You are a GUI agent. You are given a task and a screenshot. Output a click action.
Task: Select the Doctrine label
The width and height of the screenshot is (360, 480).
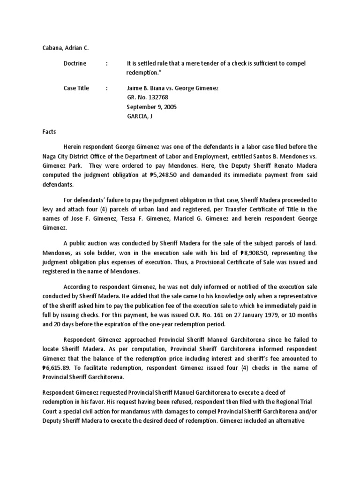point(75,63)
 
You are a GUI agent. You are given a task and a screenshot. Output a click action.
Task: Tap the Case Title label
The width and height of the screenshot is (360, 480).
point(76,88)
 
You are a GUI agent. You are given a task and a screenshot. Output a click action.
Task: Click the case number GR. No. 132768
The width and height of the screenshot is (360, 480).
point(147,97)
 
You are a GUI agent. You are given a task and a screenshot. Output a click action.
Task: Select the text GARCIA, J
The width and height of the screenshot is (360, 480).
point(140,116)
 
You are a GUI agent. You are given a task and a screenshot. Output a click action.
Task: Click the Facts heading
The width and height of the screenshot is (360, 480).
point(48,133)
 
